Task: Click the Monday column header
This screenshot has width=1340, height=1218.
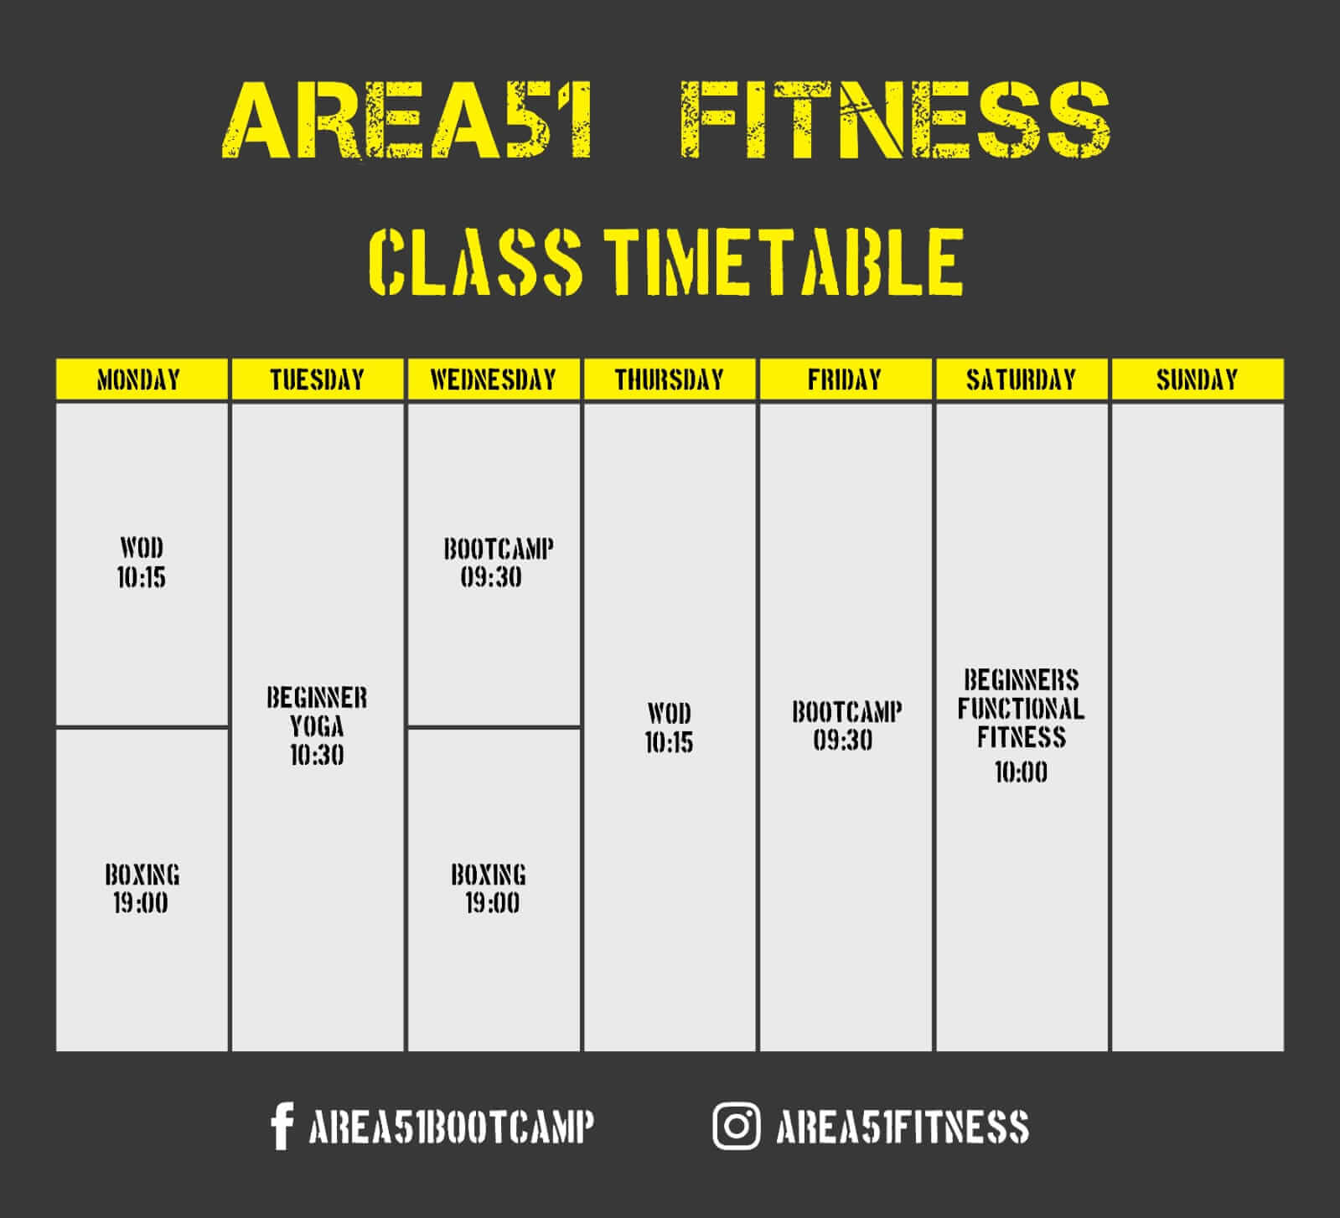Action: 142,379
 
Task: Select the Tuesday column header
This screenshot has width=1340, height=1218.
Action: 318,379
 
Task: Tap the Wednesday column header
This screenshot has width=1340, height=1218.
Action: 494,379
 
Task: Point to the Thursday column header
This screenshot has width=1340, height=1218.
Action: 670,379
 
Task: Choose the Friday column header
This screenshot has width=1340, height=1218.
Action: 846,379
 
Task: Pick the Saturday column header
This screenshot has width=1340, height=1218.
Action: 1022,379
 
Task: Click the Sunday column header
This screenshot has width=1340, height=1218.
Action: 1198,379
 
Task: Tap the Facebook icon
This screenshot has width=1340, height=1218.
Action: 282,1126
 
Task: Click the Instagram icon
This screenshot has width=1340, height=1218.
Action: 737,1126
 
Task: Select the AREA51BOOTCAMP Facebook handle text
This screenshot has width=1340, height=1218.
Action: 452,1127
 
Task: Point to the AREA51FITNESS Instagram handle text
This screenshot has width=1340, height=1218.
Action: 903,1127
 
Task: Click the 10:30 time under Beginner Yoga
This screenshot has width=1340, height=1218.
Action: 317,756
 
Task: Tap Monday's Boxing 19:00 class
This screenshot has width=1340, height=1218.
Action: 142,889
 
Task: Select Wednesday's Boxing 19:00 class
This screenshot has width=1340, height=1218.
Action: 489,889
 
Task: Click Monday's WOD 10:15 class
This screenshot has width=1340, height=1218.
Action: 142,563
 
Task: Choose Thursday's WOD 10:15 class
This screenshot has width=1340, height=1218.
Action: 669,728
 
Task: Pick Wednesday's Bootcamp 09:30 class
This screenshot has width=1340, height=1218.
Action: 498,563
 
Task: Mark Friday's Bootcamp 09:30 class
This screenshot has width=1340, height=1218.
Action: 846,726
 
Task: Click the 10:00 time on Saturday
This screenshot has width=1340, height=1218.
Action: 1021,772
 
